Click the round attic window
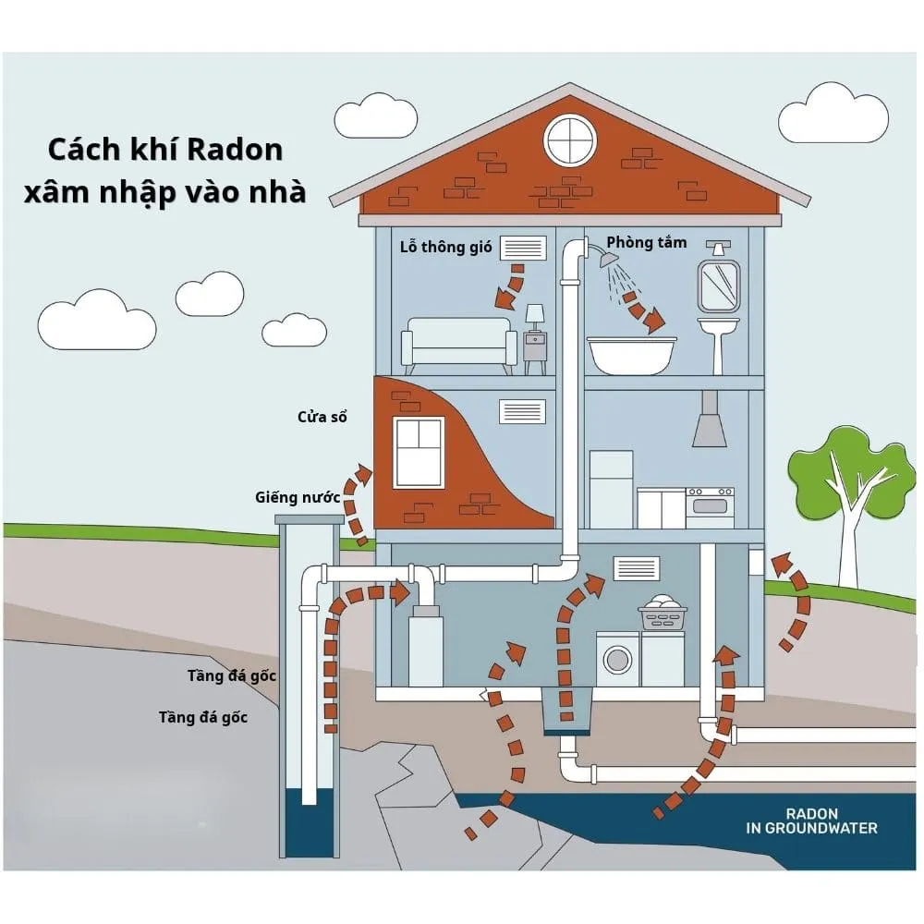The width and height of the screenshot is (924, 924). coord(569,140)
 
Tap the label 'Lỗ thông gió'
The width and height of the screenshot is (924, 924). coord(445,247)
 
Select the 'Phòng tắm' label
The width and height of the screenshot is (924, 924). coord(647,242)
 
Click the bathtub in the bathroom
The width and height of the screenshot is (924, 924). coord(632,355)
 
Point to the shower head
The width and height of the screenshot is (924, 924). coord(608,259)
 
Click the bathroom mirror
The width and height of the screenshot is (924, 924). coord(718,286)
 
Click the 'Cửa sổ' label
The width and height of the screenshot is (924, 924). coord(322,417)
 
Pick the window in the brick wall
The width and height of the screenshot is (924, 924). coord(419,453)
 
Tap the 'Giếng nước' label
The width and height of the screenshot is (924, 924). coord(298,497)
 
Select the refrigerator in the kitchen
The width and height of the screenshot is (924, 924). coord(611,489)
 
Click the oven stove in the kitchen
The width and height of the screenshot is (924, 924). coord(710,507)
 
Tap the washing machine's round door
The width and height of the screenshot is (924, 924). coord(617,659)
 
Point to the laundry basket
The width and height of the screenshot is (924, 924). coord(663,613)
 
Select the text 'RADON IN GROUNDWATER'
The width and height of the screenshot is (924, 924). coord(811,821)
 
